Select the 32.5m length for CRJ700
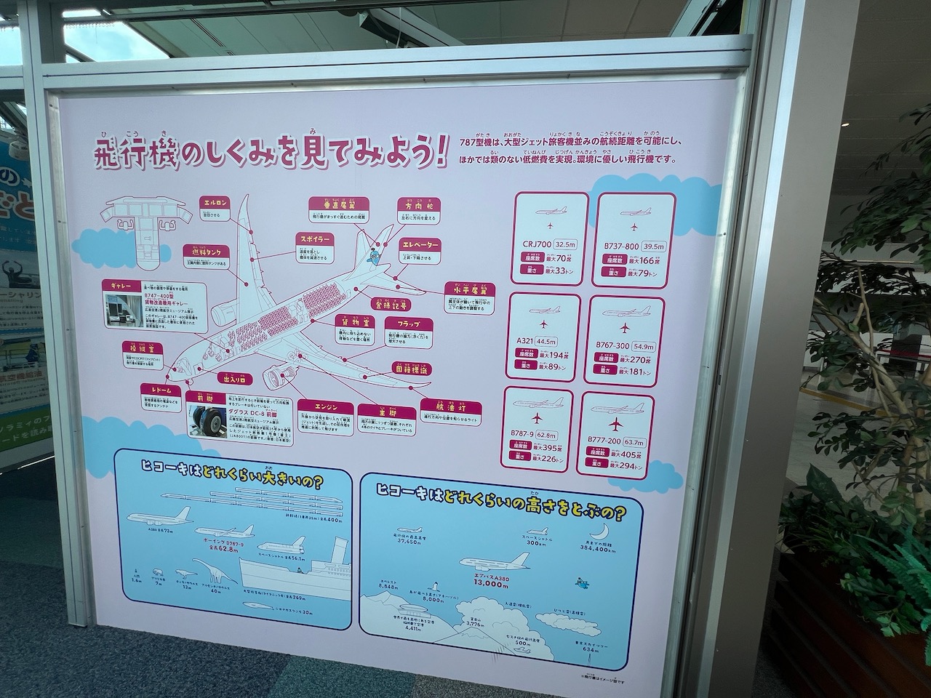click(566, 245)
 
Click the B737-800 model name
click(621, 246)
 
